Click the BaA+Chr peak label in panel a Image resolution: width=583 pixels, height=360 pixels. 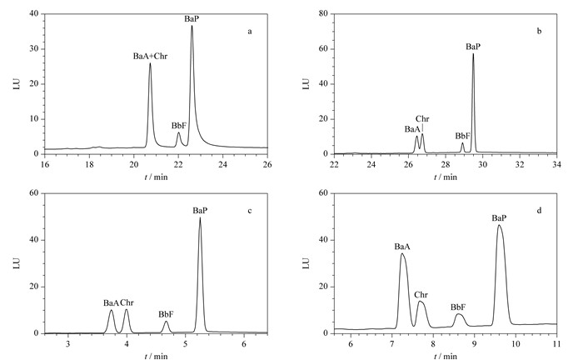click(x=150, y=57)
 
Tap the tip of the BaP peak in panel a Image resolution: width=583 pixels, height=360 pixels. click(x=192, y=26)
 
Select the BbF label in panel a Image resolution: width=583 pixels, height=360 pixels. click(x=179, y=126)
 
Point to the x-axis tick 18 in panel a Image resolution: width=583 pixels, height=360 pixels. click(x=89, y=164)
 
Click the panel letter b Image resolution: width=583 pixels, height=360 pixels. click(x=539, y=31)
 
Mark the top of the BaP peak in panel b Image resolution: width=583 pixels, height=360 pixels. click(x=473, y=54)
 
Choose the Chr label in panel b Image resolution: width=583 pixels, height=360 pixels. click(x=422, y=119)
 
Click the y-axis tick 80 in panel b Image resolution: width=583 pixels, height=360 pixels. click(x=323, y=14)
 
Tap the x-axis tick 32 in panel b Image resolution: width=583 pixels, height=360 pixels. click(x=520, y=164)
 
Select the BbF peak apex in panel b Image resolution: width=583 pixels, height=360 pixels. click(x=462, y=142)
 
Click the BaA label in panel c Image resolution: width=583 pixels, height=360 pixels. click(x=111, y=303)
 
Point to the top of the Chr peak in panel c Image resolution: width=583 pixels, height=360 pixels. click(x=127, y=309)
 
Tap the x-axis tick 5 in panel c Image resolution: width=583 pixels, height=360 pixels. click(x=185, y=343)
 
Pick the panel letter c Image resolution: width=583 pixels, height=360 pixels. click(x=250, y=211)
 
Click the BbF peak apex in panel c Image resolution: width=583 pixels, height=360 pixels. click(x=167, y=322)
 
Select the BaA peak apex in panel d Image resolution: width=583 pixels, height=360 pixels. click(x=401, y=253)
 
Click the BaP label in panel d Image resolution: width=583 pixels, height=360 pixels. click(x=500, y=218)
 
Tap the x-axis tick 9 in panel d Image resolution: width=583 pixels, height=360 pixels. click(x=475, y=343)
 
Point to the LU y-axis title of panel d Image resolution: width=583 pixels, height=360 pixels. click(x=306, y=263)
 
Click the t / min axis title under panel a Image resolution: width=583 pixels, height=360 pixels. click(x=156, y=177)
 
